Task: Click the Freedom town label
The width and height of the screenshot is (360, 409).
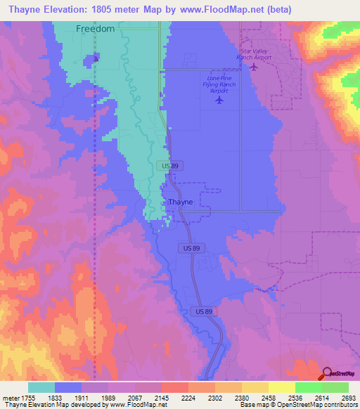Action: point(94,29)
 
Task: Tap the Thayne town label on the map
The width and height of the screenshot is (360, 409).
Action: point(176,202)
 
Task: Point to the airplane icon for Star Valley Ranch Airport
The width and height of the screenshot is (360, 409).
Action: point(254,67)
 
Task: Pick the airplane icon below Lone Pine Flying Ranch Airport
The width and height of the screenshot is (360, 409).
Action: point(219,99)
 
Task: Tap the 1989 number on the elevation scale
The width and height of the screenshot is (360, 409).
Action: point(122,398)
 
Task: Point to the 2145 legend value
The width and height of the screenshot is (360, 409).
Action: point(176,398)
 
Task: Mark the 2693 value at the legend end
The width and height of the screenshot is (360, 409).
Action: point(337,398)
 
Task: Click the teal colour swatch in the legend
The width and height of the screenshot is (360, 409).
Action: point(41,387)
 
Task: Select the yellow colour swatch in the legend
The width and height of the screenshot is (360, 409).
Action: point(281,387)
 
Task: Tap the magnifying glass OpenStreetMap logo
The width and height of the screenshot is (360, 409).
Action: point(326,373)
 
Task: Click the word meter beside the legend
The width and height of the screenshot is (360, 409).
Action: point(10,398)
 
